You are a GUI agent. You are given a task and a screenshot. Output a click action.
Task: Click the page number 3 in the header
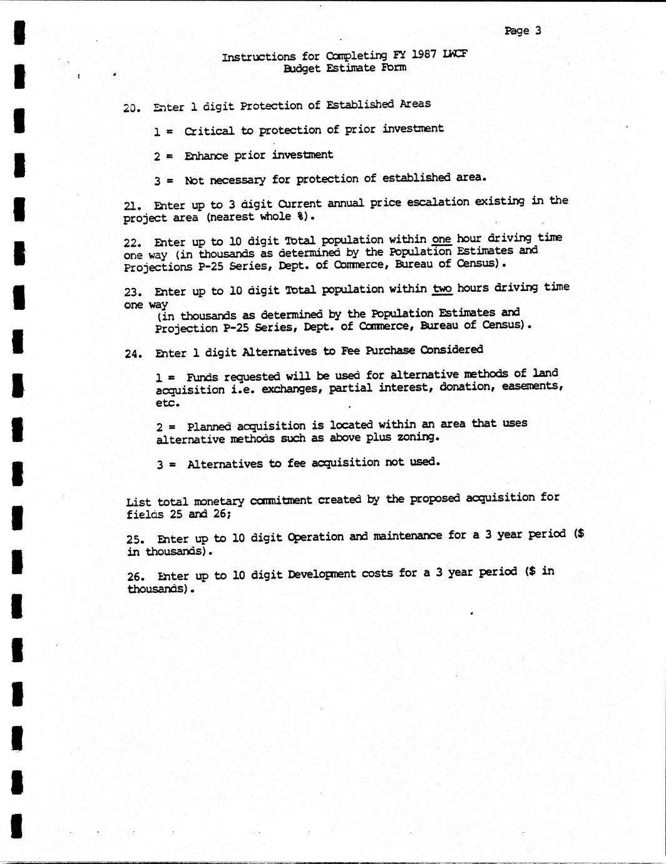538,31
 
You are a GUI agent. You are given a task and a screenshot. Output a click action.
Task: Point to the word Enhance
206,155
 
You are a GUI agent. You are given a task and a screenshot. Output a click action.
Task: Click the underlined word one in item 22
441,239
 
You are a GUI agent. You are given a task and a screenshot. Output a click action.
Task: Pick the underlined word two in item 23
442,288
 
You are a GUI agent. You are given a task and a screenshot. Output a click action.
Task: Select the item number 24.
131,354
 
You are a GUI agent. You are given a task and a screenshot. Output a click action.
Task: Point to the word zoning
418,437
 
